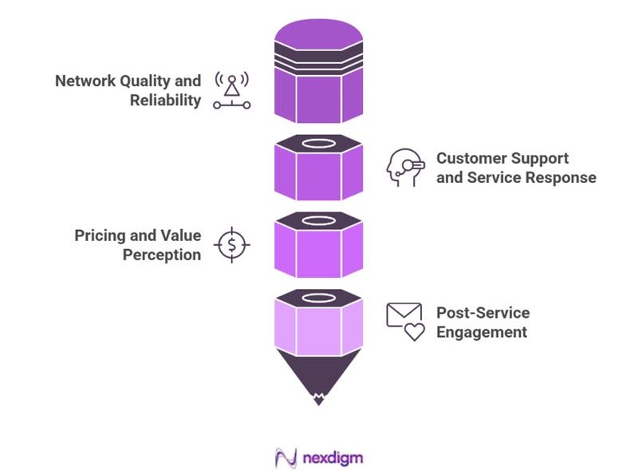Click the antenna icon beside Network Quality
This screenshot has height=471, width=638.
[231, 90]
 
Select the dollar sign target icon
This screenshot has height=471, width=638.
[231, 244]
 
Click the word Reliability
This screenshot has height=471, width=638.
[166, 101]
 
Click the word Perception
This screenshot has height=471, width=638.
[162, 255]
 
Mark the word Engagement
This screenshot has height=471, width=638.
[482, 332]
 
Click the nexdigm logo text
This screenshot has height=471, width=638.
[333, 458]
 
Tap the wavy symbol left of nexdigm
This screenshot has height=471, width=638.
[286, 458]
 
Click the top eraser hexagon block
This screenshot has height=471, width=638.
[318, 72]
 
